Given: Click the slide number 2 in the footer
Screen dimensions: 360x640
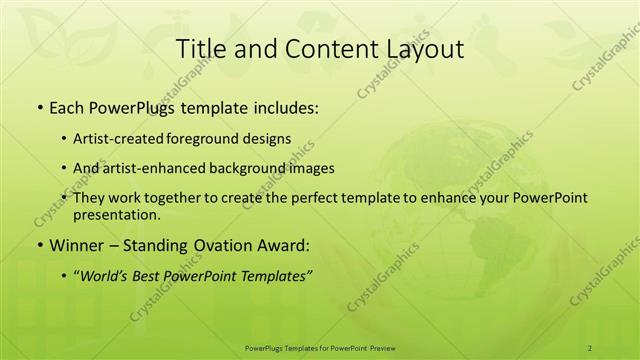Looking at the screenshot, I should click(x=589, y=347).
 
